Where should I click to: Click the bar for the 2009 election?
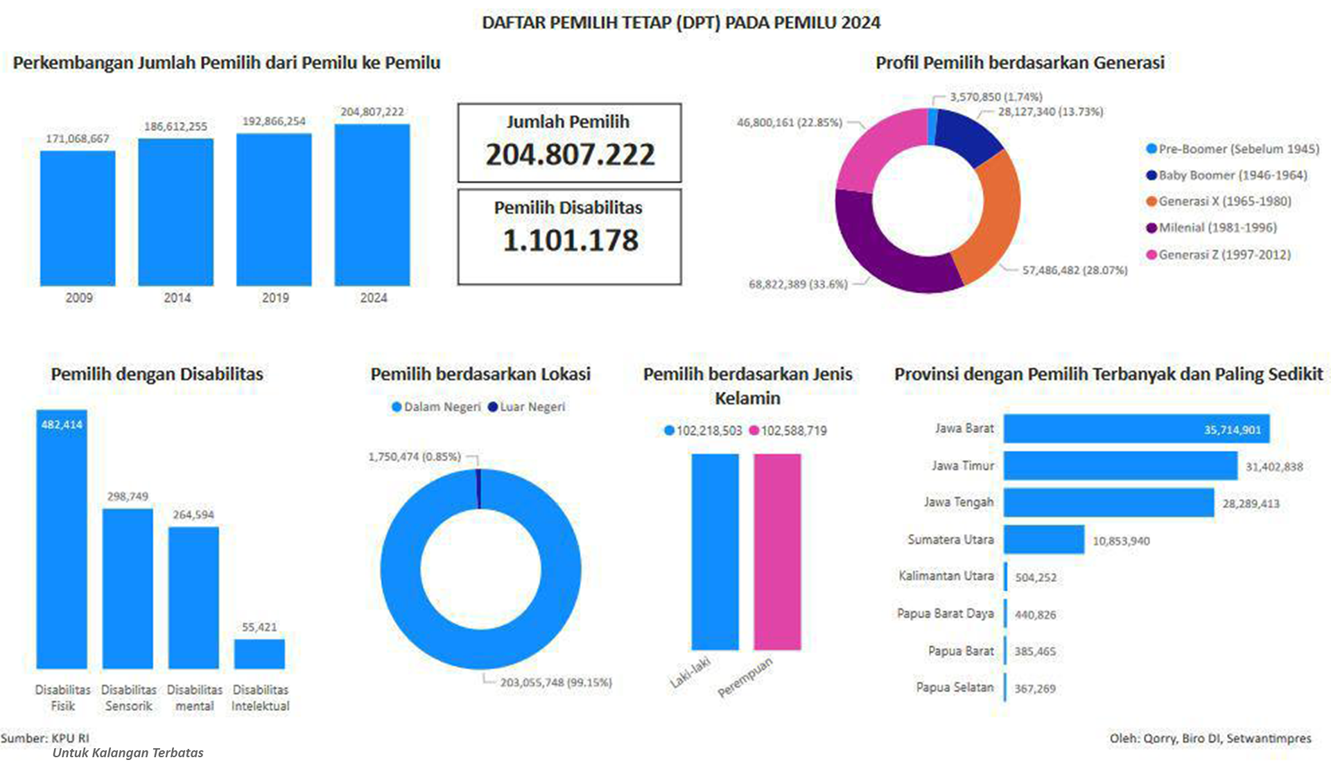[78, 218]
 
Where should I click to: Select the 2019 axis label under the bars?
[275, 298]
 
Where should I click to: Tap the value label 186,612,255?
[175, 127]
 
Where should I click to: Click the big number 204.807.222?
[570, 154]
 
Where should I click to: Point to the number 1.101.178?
[570, 240]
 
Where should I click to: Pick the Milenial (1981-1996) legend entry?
[1217, 228]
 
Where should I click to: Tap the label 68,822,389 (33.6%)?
[798, 284]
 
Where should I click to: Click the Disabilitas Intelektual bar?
[259, 654]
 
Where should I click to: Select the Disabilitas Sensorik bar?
[128, 589]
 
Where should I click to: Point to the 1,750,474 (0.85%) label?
[415, 457]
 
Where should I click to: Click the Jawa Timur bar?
[1120, 466]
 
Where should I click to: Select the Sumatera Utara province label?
[950, 540]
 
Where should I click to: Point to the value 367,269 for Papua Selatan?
[1035, 689]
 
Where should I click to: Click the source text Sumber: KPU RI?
[45, 739]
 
